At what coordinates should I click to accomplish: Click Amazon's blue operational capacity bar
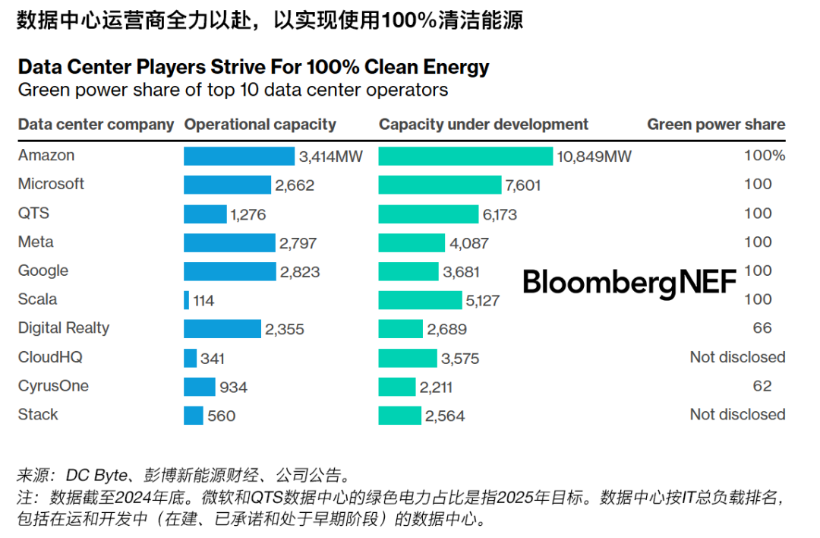(239, 156)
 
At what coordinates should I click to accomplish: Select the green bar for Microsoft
(440, 185)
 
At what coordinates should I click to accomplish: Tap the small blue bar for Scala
(187, 300)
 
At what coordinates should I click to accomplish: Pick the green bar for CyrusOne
(396, 387)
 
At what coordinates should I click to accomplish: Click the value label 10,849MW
(594, 157)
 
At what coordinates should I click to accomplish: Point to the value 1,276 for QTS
(248, 214)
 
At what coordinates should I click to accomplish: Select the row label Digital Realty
(64, 328)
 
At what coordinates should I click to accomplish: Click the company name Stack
(38, 415)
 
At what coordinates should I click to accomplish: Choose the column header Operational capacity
(260, 125)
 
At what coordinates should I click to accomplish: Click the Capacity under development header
(484, 125)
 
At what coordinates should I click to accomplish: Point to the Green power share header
(716, 125)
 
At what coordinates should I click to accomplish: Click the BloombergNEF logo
(629, 282)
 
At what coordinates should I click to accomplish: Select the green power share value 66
(762, 328)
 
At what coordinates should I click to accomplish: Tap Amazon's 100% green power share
(765, 156)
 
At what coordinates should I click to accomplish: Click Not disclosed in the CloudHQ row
(737, 357)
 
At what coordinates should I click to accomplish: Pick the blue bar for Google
(230, 271)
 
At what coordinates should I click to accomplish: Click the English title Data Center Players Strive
(254, 67)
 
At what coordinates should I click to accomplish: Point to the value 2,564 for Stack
(446, 416)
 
